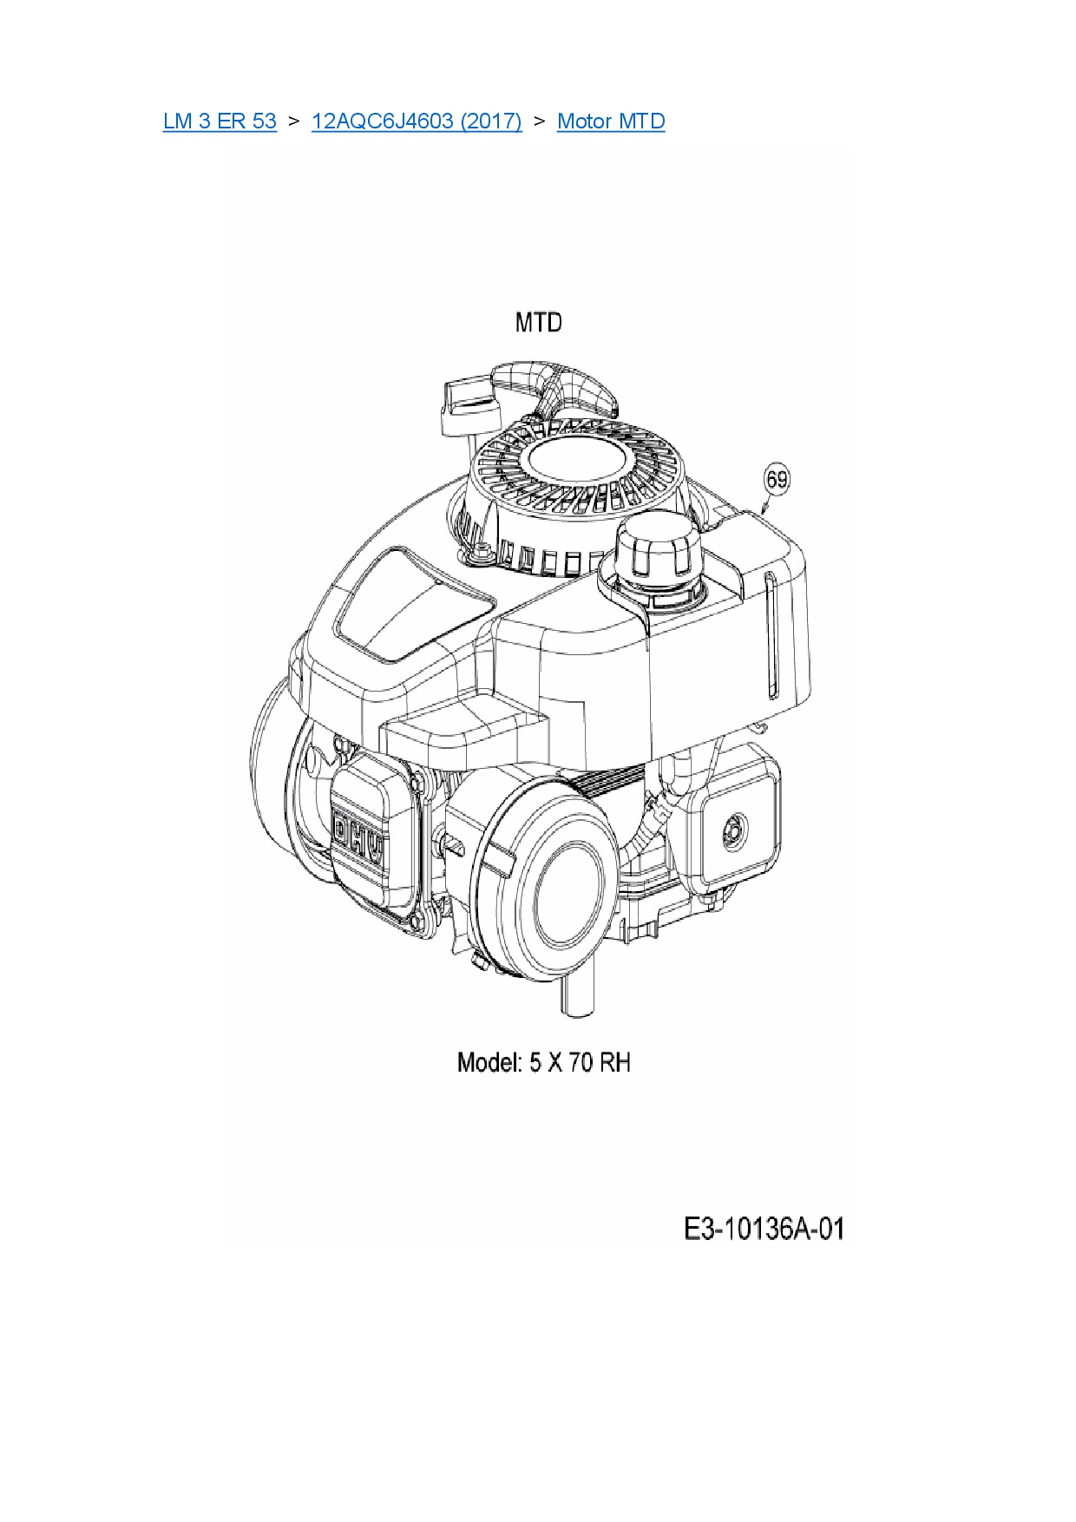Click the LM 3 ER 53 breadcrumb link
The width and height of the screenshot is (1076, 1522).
[220, 121]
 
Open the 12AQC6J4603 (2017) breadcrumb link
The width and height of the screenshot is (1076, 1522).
[417, 121]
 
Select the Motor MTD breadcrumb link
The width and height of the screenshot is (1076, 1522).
[611, 121]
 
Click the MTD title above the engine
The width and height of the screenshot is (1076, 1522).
[538, 323]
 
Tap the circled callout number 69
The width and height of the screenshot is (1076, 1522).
[777, 479]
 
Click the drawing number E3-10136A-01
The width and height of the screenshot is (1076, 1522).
[764, 1229]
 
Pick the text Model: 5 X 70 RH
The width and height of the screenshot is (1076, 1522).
[544, 1062]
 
